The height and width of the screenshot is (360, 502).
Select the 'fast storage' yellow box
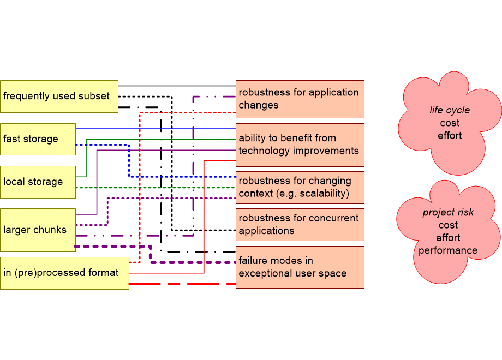point(38,139)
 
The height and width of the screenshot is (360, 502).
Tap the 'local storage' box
point(38,182)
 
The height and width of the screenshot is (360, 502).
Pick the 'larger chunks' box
point(38,230)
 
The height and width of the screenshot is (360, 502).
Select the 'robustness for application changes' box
point(300,99)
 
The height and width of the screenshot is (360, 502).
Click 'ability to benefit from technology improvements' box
point(300,145)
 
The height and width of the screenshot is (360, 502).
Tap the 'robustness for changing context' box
point(300,187)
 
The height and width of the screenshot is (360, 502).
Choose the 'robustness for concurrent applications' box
point(300,224)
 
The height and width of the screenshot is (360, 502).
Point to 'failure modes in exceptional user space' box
point(300,267)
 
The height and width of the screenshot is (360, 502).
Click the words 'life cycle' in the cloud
point(450,110)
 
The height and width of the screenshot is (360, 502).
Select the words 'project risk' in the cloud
point(448,213)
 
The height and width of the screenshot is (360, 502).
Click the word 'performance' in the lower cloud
point(448,251)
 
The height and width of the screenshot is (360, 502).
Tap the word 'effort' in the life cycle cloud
point(450,135)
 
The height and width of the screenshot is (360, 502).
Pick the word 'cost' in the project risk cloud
point(448,225)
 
